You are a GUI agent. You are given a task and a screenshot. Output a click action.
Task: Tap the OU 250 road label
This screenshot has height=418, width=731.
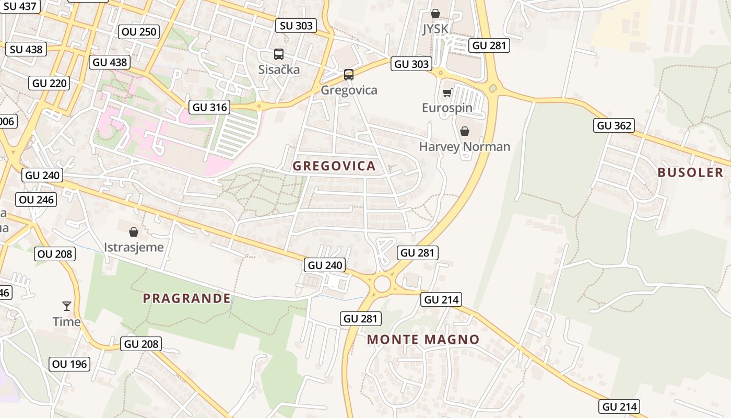tap(139, 32)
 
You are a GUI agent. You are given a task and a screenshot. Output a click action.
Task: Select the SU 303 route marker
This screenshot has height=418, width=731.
tap(296, 26)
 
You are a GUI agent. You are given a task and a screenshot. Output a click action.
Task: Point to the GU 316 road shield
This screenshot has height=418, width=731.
tap(210, 108)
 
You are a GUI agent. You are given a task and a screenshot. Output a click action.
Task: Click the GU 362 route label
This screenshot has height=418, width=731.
tap(614, 125)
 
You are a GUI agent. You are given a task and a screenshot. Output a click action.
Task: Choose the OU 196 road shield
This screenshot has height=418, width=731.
tap(70, 364)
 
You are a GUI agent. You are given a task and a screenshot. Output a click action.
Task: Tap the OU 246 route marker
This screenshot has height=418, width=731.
tap(36, 200)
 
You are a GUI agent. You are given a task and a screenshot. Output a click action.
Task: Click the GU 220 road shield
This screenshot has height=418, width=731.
tap(50, 83)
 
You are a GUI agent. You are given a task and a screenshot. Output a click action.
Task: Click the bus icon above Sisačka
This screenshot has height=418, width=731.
tap(279, 54)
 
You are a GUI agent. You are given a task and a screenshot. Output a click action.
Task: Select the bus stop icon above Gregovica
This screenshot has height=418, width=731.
tap(349, 75)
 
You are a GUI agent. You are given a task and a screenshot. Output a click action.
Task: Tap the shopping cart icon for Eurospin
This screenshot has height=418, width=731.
tap(447, 93)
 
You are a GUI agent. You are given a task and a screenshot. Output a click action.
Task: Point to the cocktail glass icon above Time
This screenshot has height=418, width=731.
tap(67, 306)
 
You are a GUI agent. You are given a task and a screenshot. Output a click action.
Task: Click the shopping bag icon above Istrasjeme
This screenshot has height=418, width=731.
tap(134, 231)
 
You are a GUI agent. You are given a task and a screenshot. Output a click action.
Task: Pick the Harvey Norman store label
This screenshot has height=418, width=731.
tap(464, 147)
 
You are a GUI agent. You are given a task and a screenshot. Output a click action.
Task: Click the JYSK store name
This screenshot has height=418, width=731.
tap(435, 28)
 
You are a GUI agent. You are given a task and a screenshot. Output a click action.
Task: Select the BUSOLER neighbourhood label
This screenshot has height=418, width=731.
tap(690, 173)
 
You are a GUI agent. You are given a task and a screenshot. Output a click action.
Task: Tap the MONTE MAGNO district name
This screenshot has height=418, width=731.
tap(423, 340)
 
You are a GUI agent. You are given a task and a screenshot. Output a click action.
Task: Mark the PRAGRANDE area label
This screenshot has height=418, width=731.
tap(186, 298)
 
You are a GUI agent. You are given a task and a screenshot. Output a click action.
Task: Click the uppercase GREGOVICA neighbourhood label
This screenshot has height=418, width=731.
tap(334, 166)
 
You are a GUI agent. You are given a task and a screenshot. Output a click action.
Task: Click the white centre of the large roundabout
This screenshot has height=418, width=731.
tap(382, 284)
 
